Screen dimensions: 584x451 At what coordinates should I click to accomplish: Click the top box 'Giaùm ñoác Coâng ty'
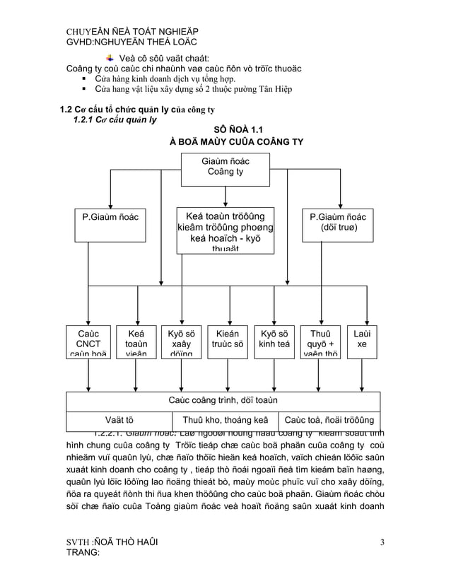[225, 168]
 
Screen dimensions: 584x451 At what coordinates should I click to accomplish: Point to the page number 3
[382, 543]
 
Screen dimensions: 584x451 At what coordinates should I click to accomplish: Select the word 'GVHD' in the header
[80, 43]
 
